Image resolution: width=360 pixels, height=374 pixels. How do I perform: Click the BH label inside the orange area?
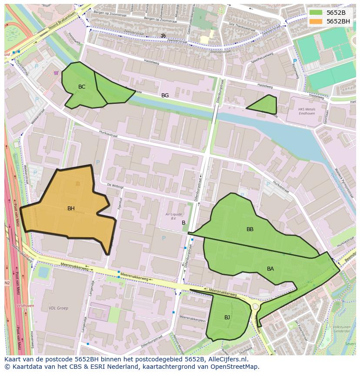(71, 209)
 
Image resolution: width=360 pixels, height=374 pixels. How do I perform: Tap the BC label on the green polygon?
(82, 87)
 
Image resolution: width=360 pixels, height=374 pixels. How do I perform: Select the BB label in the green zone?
(250, 229)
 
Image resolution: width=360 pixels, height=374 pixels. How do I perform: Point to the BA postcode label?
(270, 269)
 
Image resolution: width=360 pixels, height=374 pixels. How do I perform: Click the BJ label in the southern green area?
(227, 318)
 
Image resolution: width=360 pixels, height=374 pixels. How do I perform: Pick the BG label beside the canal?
(165, 96)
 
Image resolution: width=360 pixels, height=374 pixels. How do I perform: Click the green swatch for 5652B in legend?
(316, 13)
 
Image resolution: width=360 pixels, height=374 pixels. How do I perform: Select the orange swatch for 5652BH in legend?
(316, 21)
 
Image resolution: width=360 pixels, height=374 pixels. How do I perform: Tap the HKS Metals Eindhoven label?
(307, 111)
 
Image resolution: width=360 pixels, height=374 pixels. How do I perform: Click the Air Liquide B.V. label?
(173, 216)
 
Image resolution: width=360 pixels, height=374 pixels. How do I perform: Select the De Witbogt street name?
(115, 185)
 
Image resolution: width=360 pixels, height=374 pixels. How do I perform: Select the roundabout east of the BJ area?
(256, 307)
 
